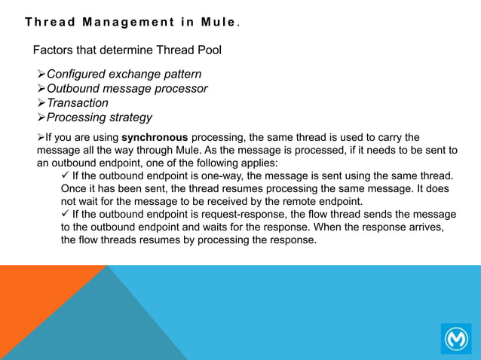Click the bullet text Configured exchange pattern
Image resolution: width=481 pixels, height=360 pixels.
(124, 75)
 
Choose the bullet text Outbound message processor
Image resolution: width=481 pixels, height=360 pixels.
(127, 89)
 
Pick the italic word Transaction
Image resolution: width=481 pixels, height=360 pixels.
(78, 103)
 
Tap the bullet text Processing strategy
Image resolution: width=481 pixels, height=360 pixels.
(99, 117)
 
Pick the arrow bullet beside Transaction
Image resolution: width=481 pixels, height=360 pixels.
(41, 103)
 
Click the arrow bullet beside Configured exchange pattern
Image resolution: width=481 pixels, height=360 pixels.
(41, 75)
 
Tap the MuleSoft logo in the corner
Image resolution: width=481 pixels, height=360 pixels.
(456, 338)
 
